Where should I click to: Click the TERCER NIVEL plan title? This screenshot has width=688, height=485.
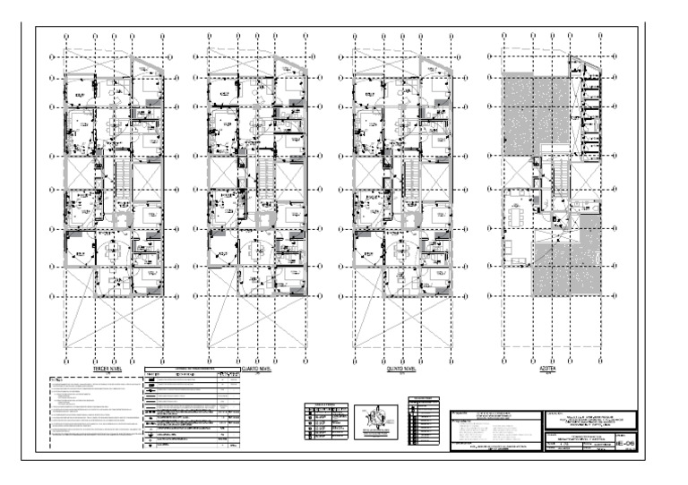[x=108, y=368]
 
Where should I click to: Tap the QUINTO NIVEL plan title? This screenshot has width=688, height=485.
[x=400, y=368]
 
